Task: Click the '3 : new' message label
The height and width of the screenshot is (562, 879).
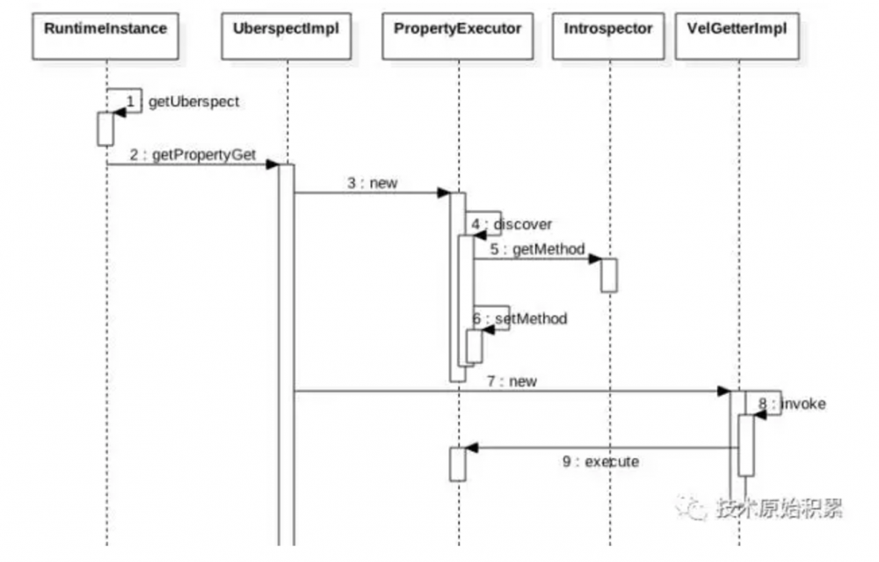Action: pos(372,183)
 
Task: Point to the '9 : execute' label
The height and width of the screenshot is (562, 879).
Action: pos(601,461)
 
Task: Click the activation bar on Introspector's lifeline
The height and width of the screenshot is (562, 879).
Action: pos(608,275)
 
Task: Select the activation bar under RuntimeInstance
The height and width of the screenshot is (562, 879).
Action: pos(105,129)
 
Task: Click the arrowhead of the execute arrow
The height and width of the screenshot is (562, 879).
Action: pos(471,448)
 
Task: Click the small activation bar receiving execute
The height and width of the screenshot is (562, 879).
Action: pos(458,464)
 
